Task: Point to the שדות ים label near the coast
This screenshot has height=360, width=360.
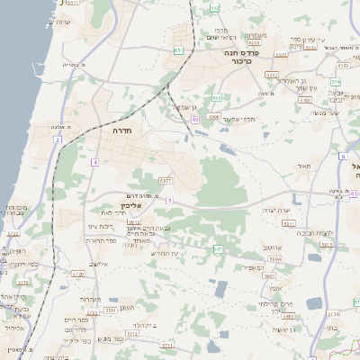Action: pos(60,21)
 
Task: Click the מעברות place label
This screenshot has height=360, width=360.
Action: pos(90,299)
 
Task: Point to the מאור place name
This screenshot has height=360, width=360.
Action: pos(302,166)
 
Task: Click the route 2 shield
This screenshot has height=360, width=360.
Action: pos(58,139)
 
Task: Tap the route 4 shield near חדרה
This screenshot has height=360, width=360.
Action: pos(94,162)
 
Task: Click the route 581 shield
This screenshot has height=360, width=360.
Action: pos(217,247)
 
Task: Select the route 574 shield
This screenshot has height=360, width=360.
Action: pos(336,81)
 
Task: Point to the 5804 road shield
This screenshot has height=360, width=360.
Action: pos(274,258)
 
